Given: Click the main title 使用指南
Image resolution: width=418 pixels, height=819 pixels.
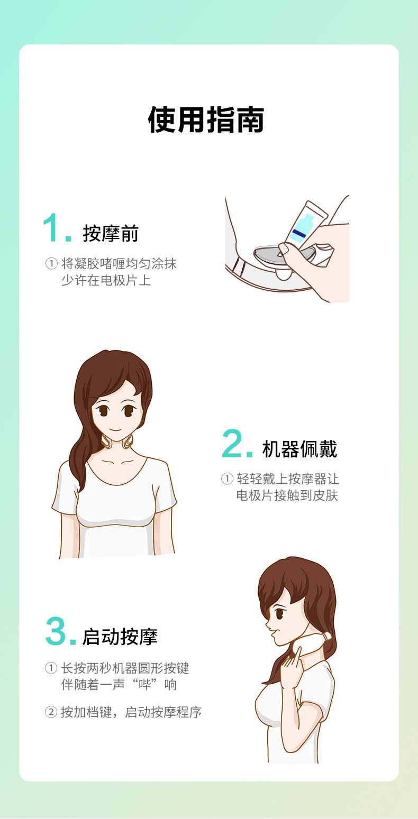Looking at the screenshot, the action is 206,119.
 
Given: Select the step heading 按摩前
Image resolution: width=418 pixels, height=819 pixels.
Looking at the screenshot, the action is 111,233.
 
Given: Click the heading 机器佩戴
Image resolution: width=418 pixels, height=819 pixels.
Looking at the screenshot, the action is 299,449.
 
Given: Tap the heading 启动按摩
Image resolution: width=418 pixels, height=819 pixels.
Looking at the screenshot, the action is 120,637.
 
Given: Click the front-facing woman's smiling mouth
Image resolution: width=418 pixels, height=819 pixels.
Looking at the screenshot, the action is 115,430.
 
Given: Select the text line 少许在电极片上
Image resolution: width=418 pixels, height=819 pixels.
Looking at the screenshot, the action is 106,280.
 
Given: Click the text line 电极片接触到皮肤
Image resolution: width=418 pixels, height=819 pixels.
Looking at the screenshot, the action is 287,495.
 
